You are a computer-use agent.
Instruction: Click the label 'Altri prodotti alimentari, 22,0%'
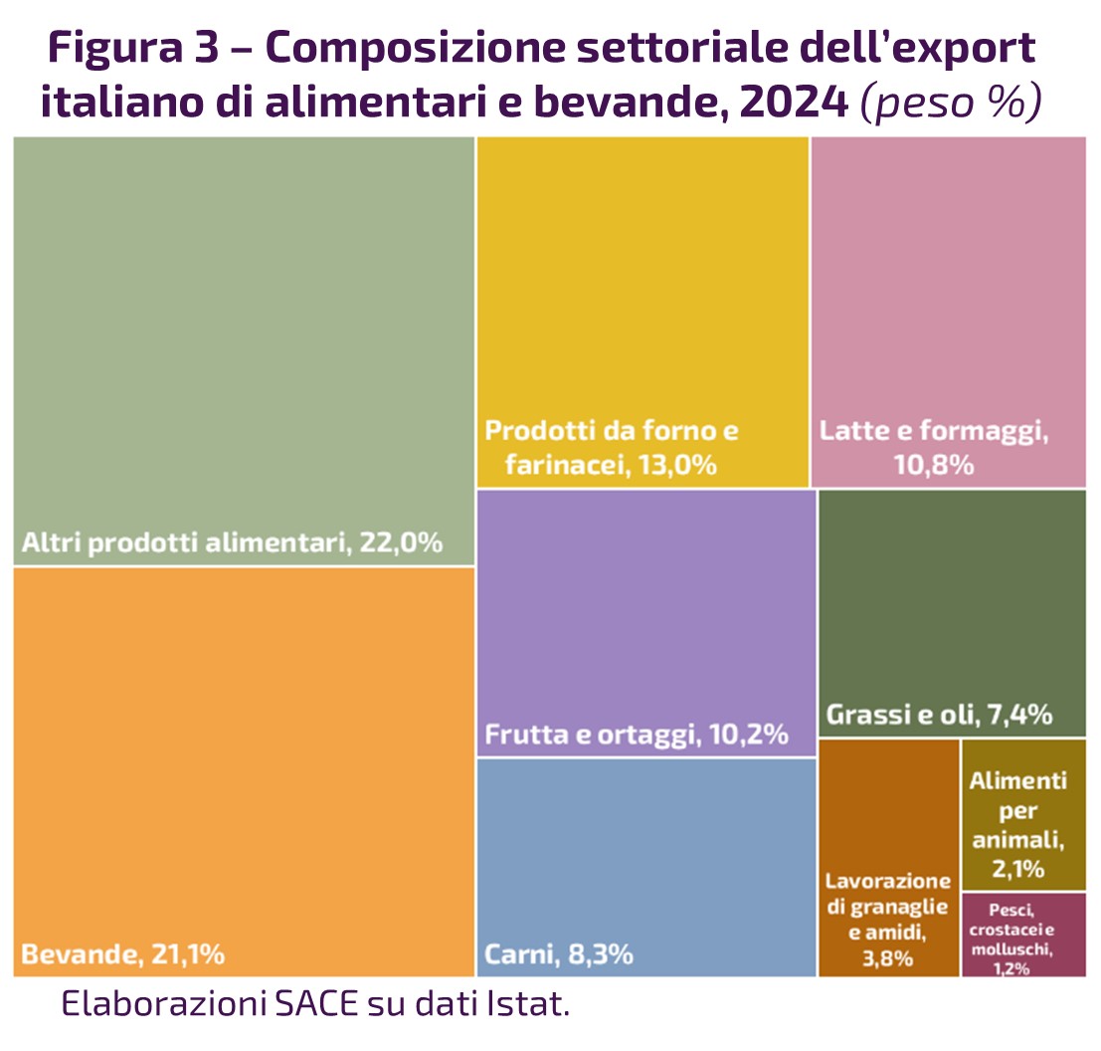coord(231,543)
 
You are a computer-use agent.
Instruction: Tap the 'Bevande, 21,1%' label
coord(122,955)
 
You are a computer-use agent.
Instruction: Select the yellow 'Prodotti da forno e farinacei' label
coord(612,448)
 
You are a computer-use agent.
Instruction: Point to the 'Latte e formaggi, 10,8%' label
coord(935,448)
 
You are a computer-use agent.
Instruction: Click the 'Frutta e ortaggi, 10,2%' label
coord(637,736)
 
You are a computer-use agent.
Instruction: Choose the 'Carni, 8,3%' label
coord(559,955)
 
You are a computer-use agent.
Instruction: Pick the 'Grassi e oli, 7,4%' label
coord(940,716)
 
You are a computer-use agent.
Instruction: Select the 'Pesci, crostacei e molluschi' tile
coord(1023,936)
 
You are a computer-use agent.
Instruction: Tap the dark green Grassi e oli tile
coord(951,597)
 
